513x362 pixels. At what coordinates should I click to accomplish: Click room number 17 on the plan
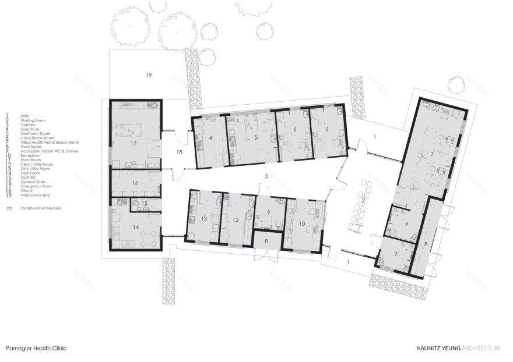click(x=133, y=143)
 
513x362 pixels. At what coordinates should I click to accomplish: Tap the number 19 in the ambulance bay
click(x=149, y=75)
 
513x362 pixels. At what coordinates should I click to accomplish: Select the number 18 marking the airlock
click(x=180, y=152)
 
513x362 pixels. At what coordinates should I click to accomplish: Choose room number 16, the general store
click(x=135, y=183)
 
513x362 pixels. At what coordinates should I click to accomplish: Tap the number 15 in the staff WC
click(x=144, y=203)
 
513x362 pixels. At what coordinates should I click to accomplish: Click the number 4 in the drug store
click(x=210, y=138)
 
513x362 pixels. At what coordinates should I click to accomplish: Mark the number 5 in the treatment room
click(x=255, y=137)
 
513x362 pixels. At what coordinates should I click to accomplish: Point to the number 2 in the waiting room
click(x=363, y=201)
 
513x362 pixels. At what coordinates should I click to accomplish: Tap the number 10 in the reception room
click(x=303, y=223)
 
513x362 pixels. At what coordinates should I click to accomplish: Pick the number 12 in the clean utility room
click(x=236, y=220)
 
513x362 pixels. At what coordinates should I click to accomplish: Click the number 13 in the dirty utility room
click(x=204, y=219)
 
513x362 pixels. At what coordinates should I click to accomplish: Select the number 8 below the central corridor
click(x=266, y=240)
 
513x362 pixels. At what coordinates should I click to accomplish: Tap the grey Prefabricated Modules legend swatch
click(x=9, y=208)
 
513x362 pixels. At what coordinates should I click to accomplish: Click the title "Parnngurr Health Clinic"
click(x=36, y=348)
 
